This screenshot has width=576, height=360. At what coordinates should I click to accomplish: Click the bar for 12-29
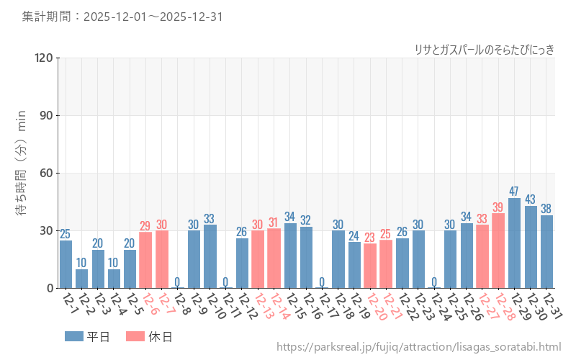514,243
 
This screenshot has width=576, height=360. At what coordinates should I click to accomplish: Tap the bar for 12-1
66,264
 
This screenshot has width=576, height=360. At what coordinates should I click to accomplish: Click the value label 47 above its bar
514,192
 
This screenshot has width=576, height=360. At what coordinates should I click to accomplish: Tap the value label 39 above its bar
498,207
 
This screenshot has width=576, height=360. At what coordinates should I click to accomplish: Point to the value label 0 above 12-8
178,282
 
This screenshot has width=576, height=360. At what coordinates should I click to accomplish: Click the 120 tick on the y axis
43,58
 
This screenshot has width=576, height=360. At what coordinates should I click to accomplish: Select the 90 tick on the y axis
46,115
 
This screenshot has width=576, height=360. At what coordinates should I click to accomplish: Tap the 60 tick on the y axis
46,173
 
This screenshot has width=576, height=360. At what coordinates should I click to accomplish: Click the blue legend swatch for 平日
73,336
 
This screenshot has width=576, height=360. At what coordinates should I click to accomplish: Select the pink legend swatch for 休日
135,336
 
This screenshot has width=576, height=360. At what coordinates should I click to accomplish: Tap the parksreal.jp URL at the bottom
418,348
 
